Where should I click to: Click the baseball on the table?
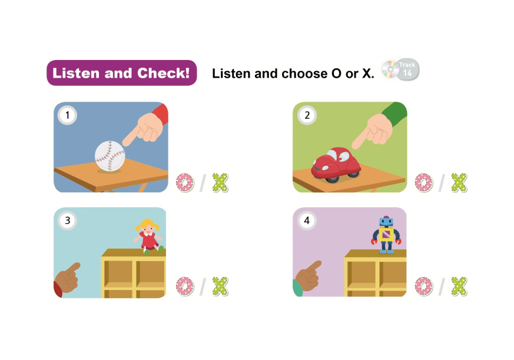(x=110, y=156)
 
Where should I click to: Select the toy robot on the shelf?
(x=386, y=235)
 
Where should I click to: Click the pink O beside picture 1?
(x=185, y=182)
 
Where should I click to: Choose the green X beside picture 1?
(x=220, y=182)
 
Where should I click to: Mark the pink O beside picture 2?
(x=423, y=182)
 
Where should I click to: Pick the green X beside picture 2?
(x=459, y=182)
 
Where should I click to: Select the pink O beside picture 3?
(x=185, y=286)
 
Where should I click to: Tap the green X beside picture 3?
(x=220, y=286)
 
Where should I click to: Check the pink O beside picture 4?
(x=423, y=286)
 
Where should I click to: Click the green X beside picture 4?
(x=459, y=286)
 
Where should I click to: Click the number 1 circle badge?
(x=68, y=115)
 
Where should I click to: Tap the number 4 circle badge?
(x=307, y=221)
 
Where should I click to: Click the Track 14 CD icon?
(x=400, y=69)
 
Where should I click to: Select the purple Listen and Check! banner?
(x=122, y=73)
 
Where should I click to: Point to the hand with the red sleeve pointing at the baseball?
(x=145, y=126)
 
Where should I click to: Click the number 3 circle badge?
(x=68, y=221)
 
